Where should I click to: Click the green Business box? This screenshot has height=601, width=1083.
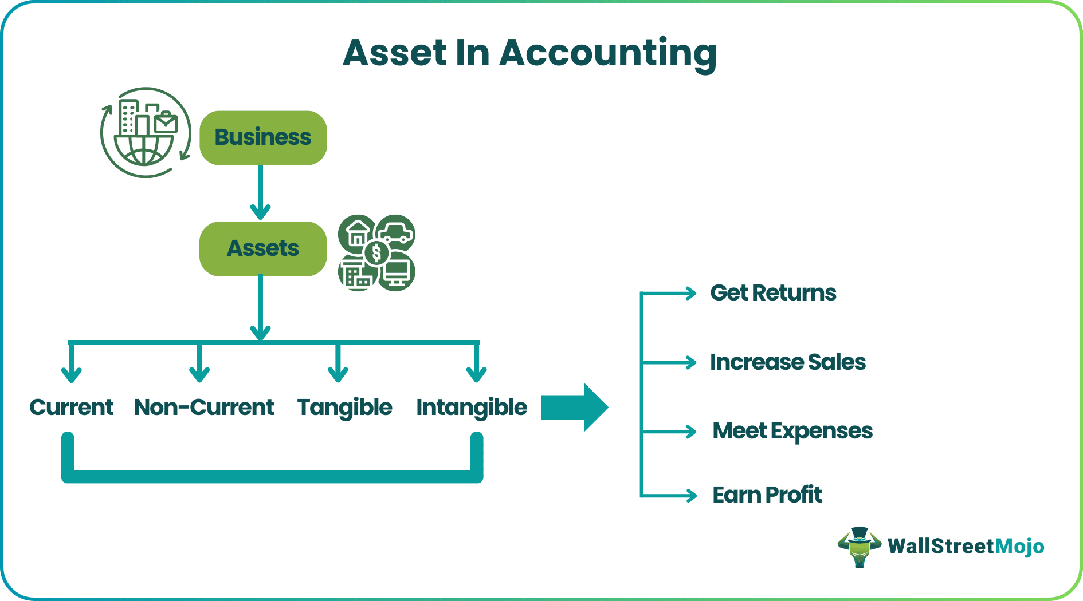[x=263, y=138]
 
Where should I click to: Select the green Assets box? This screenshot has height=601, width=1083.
[x=263, y=248]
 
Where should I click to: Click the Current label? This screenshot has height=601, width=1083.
[x=72, y=408]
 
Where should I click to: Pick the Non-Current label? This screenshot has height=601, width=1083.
[x=204, y=408]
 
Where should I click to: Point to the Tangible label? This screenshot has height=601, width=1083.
[x=344, y=408]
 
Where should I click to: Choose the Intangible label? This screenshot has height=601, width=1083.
[x=472, y=408]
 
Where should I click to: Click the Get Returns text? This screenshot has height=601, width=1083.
[x=773, y=293]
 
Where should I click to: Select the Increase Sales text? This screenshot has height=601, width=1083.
[x=788, y=362]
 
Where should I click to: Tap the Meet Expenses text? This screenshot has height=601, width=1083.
[x=792, y=431]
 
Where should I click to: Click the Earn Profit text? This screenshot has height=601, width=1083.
[x=767, y=495]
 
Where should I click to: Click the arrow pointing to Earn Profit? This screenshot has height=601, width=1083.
[x=670, y=495]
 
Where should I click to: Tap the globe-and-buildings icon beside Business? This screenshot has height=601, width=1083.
[x=146, y=133]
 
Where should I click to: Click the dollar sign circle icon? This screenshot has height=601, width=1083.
[x=376, y=252]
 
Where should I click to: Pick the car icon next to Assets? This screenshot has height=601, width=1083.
[x=396, y=232]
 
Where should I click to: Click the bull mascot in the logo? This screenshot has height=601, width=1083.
[x=859, y=547]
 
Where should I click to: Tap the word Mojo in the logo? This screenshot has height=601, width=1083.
[x=1019, y=547]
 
